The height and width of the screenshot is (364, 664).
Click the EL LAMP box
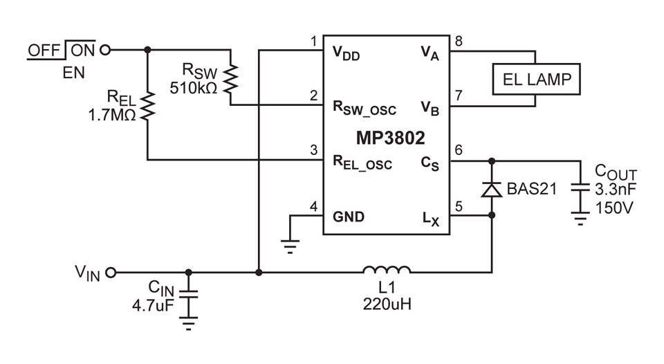(536, 79)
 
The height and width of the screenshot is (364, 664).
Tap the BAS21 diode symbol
(492, 189)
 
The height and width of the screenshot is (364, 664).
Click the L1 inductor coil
(387, 269)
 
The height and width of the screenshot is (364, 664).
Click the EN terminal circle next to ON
(105, 50)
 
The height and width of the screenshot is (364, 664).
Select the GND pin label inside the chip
(349, 216)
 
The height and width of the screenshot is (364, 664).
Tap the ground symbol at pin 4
(290, 242)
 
